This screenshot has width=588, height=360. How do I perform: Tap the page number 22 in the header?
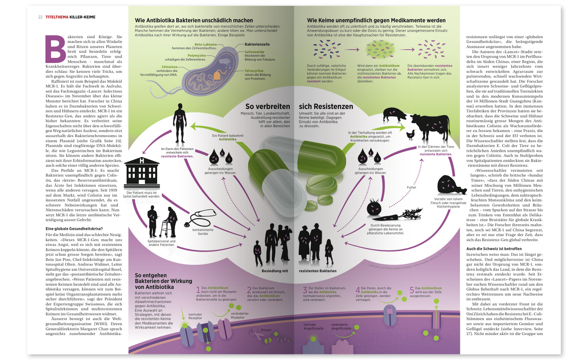pos(40,17)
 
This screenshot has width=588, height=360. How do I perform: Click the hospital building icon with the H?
pos(142,173)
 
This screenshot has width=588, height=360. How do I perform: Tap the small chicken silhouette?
pos(410,135)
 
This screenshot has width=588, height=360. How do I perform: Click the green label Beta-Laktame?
pos(206,45)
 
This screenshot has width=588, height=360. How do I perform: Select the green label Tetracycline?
pos(254,71)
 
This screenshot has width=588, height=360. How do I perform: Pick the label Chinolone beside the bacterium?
pos(169,67)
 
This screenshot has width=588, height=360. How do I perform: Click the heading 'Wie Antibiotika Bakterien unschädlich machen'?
pos(194,20)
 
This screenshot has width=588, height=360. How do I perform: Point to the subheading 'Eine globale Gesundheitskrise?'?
pos(74,229)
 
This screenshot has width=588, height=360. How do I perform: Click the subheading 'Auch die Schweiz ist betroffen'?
pos(494,249)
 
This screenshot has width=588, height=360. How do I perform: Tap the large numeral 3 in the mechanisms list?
pos(305,290)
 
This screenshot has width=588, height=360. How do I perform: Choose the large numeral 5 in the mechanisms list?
pos(412,290)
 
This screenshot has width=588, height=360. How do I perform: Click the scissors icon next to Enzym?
pos(254,333)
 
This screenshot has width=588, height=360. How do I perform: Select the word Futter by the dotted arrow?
pos(411,187)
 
